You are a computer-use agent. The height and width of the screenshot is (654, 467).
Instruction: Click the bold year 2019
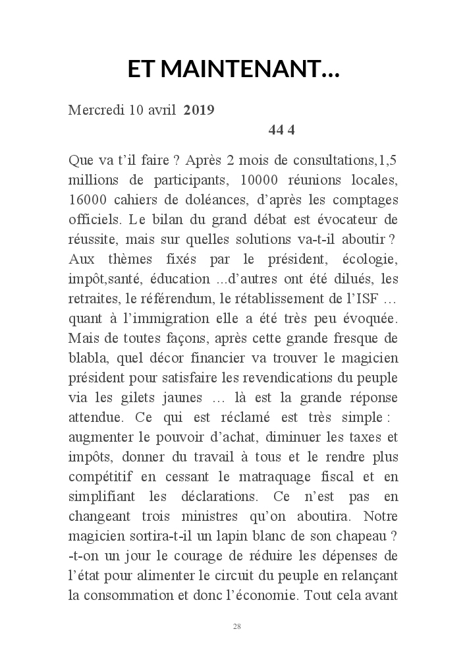click(199, 110)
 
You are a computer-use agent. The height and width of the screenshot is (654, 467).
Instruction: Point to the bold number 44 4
click(282, 129)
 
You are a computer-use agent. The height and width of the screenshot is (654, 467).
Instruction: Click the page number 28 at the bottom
click(236, 626)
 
